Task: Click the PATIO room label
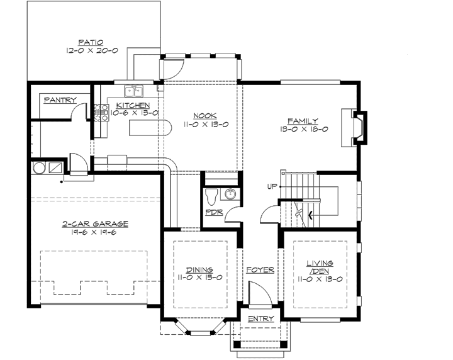tap(92, 41)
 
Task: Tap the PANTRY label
tap(60, 100)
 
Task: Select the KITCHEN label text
tap(133, 105)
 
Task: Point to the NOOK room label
tap(205, 115)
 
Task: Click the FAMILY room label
tap(303, 121)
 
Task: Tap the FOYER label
tap(260, 270)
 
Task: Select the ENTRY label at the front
tap(260, 319)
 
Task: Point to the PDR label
tap(213, 213)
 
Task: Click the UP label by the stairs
tap(272, 187)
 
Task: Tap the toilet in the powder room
tap(212, 194)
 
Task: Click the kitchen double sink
tap(133, 90)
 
